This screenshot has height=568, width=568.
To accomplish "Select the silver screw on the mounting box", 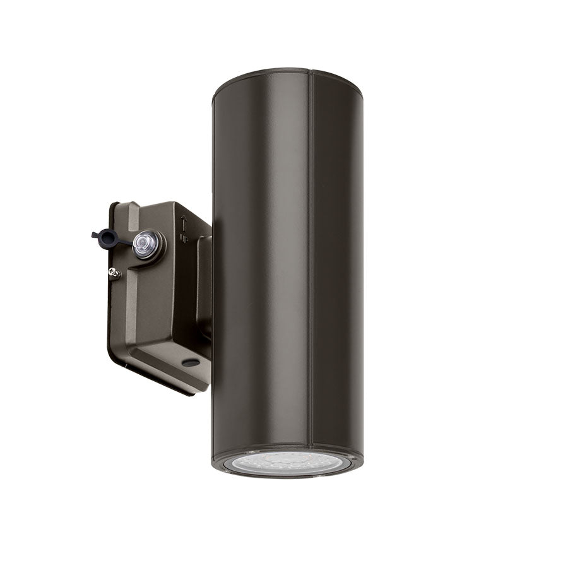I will pyautogui.click(x=114, y=273).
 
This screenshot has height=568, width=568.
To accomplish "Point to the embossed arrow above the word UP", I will pyautogui.click(x=183, y=223).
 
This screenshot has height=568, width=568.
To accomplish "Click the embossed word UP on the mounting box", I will pyautogui.click(x=184, y=238).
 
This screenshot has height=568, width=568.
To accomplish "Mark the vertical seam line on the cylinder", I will pyautogui.click(x=310, y=252).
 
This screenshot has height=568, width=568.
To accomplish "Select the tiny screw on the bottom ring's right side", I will pyautogui.click(x=353, y=459).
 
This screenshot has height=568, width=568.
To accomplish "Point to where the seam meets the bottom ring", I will pyautogui.click(x=311, y=448).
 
